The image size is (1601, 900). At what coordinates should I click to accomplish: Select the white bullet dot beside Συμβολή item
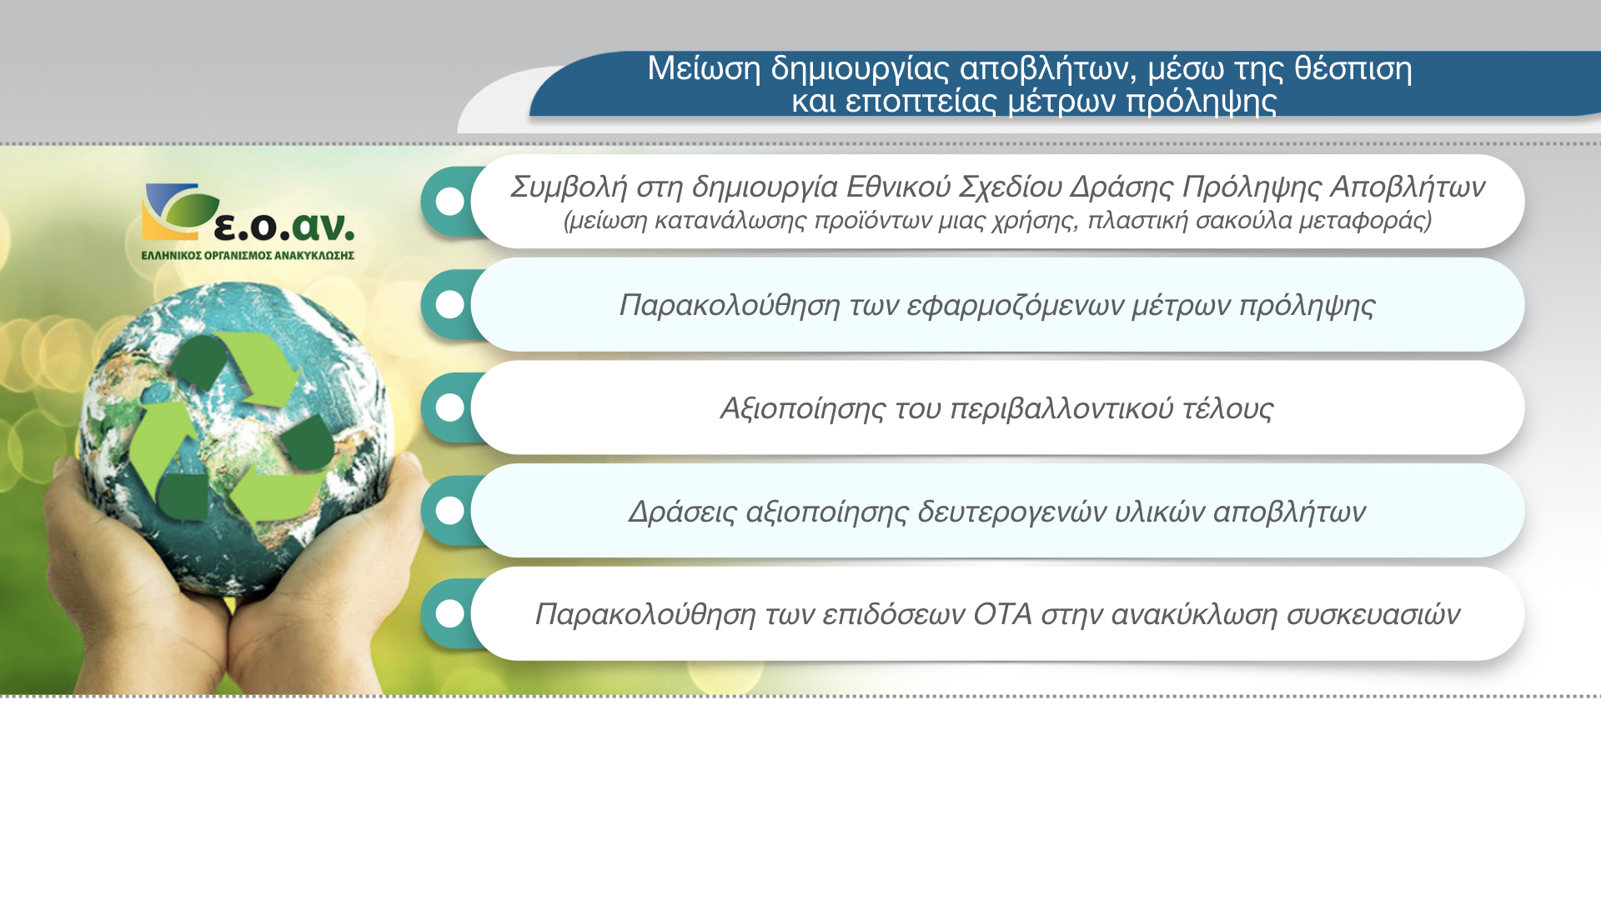[x=449, y=201]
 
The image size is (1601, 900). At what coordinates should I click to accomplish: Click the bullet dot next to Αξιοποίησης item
[x=449, y=407]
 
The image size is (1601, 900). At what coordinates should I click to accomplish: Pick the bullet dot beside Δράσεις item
[x=449, y=511]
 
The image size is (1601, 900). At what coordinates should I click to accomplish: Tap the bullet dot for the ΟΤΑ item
[x=449, y=614]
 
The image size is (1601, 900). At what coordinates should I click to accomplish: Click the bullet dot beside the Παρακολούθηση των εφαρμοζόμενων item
[x=449, y=304]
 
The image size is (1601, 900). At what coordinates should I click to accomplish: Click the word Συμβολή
[x=569, y=187]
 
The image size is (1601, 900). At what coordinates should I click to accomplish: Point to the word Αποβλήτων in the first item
[x=1408, y=187]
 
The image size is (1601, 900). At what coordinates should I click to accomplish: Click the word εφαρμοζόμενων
[x=1015, y=306]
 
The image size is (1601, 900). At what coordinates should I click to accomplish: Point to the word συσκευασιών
[x=1373, y=615]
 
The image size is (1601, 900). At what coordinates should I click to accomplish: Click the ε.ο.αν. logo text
[x=284, y=225]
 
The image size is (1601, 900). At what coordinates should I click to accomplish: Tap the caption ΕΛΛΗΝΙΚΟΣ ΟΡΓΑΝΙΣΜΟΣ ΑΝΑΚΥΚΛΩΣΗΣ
[x=248, y=255]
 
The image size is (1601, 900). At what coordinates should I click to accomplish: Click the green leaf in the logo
[x=191, y=208]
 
